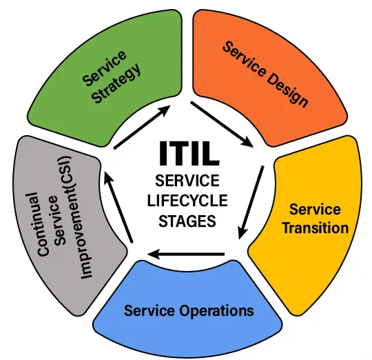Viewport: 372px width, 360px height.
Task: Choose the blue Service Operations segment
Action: (187, 309)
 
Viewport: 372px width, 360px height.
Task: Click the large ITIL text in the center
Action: (189, 153)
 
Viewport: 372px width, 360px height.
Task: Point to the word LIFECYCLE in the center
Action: (187, 201)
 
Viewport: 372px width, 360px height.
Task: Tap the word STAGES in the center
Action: (187, 221)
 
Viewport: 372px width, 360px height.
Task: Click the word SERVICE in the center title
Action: (187, 181)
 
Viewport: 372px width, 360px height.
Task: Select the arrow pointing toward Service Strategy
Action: (142, 128)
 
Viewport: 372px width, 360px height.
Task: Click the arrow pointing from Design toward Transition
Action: (222, 124)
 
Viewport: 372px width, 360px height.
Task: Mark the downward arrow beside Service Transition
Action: (251, 202)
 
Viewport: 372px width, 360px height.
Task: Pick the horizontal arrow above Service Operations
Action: (185, 254)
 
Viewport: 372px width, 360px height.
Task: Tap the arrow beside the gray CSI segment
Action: (118, 207)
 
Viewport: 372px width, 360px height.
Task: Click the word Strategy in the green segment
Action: (116, 83)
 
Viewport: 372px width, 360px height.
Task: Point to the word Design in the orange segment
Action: (287, 90)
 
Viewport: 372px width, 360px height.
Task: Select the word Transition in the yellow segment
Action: (316, 228)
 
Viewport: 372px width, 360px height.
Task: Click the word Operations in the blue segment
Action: (216, 310)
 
